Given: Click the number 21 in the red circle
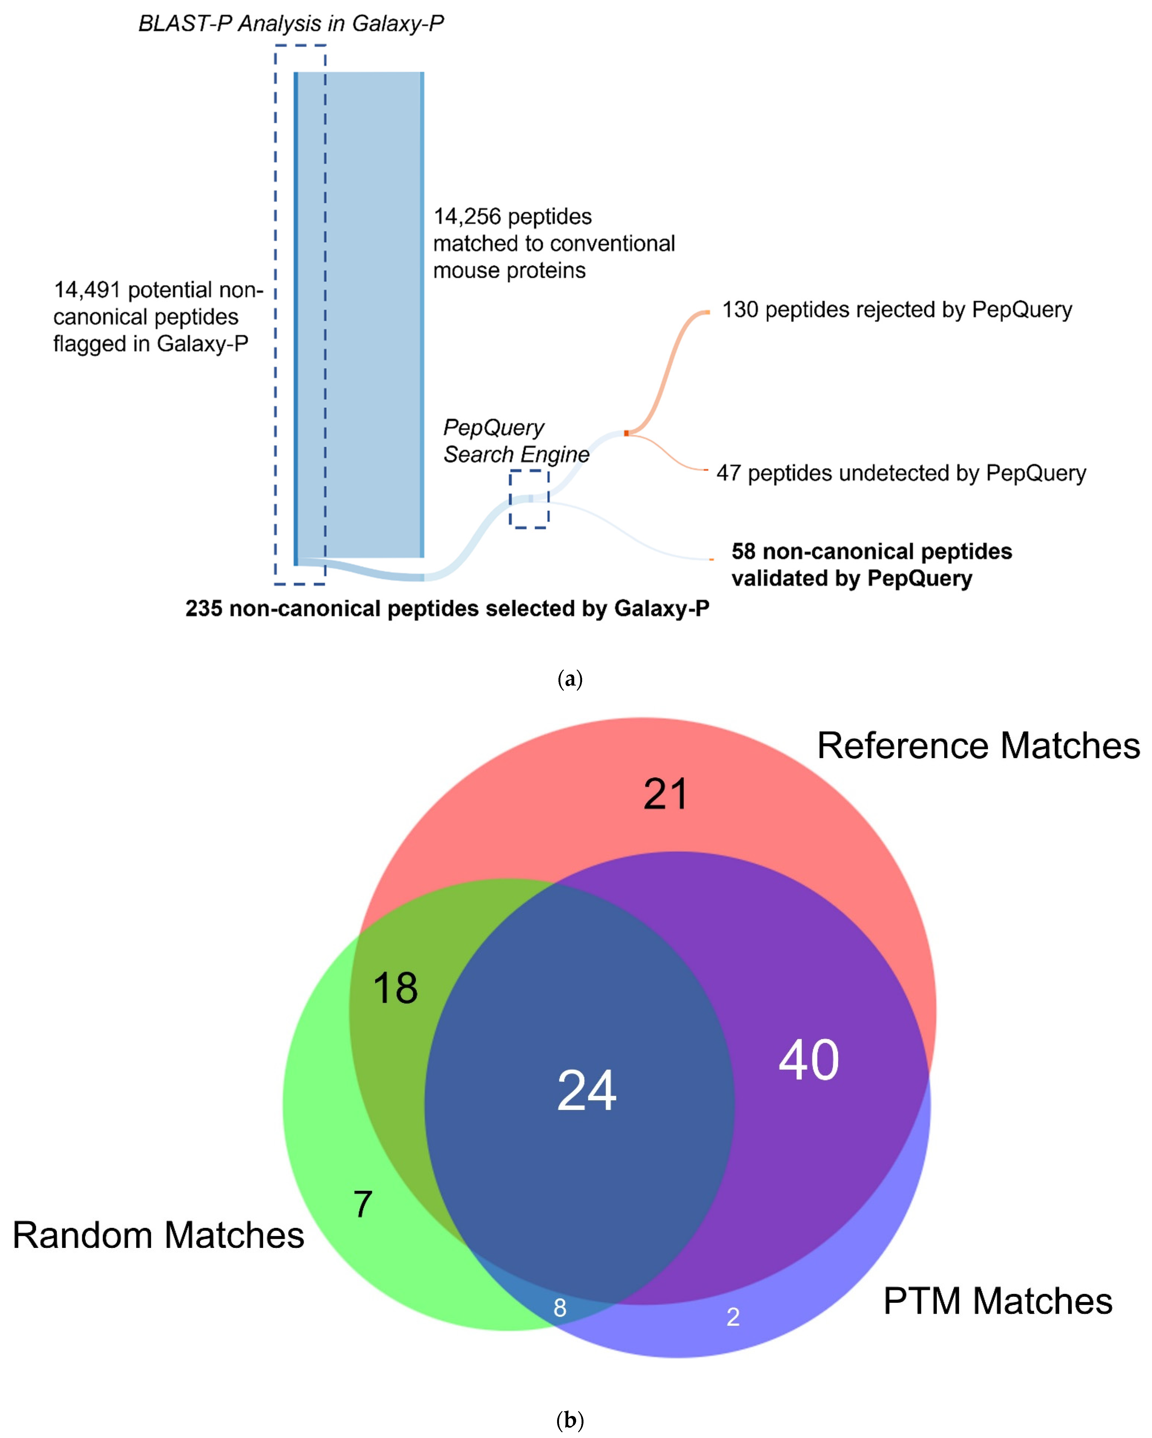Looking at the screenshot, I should tap(665, 794).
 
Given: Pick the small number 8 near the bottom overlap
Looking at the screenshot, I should tap(560, 1308).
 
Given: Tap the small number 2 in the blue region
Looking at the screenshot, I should tap(733, 1317).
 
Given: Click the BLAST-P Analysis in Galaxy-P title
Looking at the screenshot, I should tap(291, 24).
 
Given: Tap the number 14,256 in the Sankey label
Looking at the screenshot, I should tap(467, 217).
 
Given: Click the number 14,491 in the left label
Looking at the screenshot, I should tap(87, 290).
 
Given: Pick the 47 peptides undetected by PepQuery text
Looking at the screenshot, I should tap(901, 473).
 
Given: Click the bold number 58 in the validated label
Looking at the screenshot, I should tap(743, 551).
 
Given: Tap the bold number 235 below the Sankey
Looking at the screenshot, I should tap(203, 608).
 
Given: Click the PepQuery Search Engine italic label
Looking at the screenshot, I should tap(516, 441).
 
